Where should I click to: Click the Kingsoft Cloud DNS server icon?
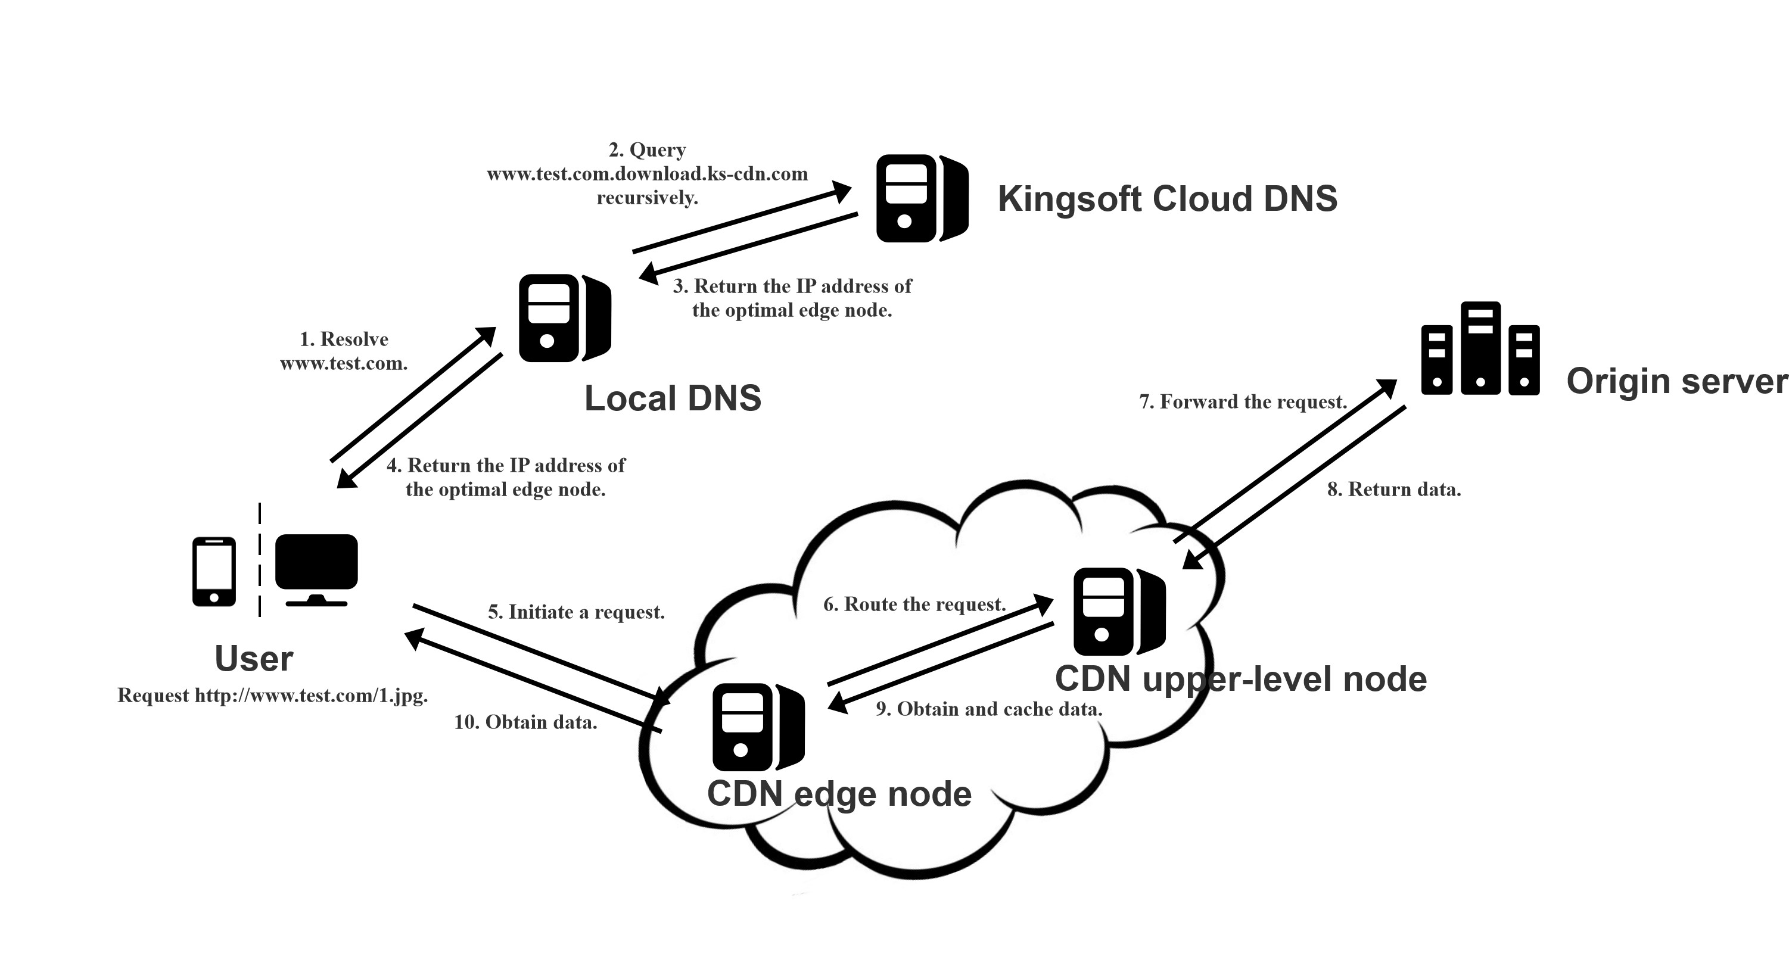pos(922,198)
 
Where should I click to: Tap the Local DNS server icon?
pos(565,318)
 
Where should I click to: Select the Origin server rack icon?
pos(1480,348)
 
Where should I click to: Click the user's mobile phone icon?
pos(214,571)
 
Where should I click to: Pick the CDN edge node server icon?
pos(758,727)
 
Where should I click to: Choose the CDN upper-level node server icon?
pos(1119,612)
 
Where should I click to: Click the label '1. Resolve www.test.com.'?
pos(344,351)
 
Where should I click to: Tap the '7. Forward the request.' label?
pos(1243,402)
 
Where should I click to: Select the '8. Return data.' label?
pos(1394,490)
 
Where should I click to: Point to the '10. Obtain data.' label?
pos(525,722)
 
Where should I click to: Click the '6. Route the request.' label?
pos(914,604)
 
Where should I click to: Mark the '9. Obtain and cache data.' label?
pos(989,709)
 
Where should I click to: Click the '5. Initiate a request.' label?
pos(577,612)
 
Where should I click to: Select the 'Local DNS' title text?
pos(672,398)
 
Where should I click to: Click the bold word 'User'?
pos(254,658)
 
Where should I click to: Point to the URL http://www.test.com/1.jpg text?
pos(310,696)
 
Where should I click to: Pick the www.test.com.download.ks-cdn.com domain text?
pos(647,173)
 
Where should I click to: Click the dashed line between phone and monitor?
pos(260,560)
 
